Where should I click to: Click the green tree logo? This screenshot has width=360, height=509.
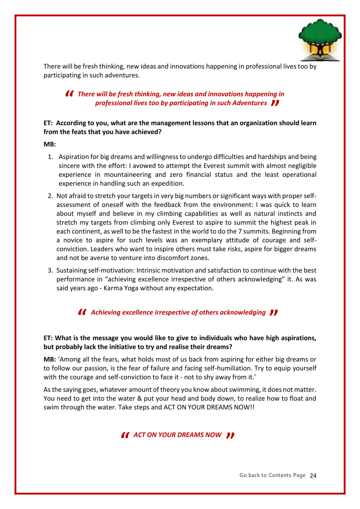[x=320, y=39]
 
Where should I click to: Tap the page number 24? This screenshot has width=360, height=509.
[x=313, y=476]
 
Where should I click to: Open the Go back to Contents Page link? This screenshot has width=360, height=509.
[x=272, y=475]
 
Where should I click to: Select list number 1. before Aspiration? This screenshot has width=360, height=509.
[x=50, y=157]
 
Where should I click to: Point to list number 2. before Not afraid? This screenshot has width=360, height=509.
[x=50, y=196]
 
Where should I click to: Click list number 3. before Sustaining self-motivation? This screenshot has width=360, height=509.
[x=50, y=270]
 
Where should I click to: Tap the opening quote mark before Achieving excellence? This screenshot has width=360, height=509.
[x=82, y=312]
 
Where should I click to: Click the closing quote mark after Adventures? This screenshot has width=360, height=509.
[x=275, y=103]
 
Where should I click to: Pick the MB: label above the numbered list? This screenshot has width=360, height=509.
[x=50, y=144]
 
